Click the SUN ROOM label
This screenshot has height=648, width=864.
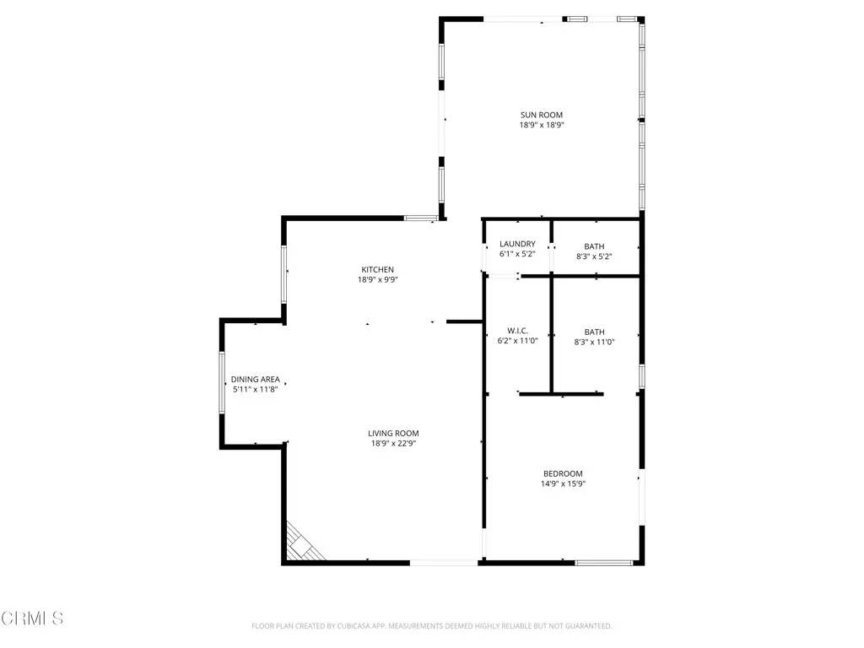pos(541,115)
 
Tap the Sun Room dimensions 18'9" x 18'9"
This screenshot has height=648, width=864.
pos(541,125)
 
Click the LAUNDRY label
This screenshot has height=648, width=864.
pos(517,244)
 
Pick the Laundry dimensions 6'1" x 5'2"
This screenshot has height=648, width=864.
pos(517,254)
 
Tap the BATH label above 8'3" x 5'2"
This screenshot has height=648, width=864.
pos(594,246)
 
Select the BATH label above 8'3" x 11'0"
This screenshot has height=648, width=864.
pos(594,332)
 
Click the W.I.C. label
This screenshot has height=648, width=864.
pos(517,331)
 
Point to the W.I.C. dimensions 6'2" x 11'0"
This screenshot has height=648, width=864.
pos(517,341)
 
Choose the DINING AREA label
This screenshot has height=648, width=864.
pos(256,380)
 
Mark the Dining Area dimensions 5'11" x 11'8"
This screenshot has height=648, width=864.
pos(256,390)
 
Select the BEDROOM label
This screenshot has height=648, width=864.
pos(563,474)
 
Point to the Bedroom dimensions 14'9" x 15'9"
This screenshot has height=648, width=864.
pos(563,484)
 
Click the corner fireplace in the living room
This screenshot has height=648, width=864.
pos(302,544)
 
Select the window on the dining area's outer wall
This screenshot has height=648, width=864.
pos(222,382)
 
